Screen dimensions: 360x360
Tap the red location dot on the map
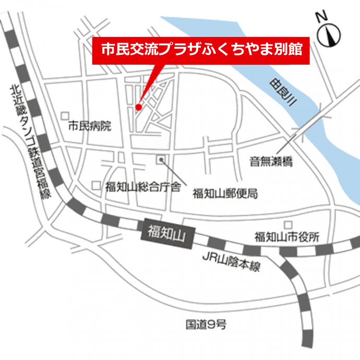[138, 107]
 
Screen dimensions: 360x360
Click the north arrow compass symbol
[332, 35]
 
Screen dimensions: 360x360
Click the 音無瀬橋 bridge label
[271, 162]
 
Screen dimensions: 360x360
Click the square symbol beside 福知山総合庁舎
[95, 185]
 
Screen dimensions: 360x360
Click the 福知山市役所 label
[286, 237]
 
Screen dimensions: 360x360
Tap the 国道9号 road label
[207, 325]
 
